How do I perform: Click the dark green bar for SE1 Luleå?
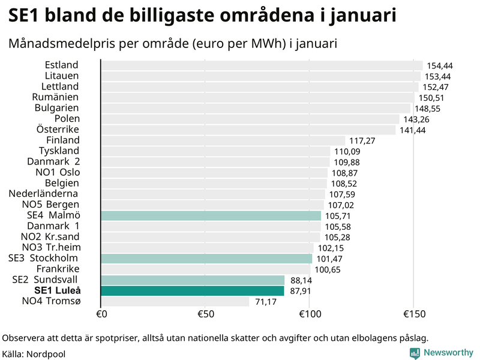click(192, 291)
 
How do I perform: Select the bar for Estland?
click(261, 65)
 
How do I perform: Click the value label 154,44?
click(439, 65)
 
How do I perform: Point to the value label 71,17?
click(266, 301)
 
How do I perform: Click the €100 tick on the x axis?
click(309, 314)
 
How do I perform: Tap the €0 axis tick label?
click(101, 314)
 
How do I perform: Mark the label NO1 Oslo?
click(58, 172)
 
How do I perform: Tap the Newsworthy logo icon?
click(415, 353)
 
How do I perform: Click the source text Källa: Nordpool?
click(34, 354)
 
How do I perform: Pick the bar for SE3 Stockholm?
click(206, 259)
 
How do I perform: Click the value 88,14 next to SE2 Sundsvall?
click(301, 280)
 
